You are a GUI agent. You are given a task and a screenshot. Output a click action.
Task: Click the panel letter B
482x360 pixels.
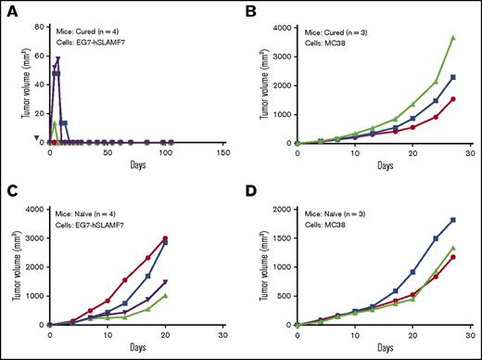point(252,10)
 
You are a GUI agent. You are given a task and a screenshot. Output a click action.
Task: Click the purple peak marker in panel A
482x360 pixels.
point(58,59)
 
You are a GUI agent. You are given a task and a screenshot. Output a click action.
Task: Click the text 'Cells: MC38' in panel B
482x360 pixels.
point(334,36)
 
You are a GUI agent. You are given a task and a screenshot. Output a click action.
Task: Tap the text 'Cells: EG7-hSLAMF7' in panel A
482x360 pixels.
point(107,36)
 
